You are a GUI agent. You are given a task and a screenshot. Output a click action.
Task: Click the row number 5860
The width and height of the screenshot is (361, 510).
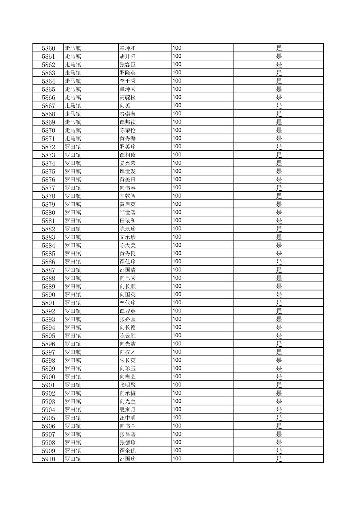pyautogui.click(x=48, y=48)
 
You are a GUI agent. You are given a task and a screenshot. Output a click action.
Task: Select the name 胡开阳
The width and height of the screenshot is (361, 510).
pyautogui.click(x=128, y=56)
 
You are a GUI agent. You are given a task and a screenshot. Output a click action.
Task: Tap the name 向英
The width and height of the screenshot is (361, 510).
pyautogui.click(x=125, y=106)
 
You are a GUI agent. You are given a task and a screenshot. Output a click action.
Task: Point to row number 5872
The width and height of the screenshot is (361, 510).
pyautogui.click(x=48, y=147)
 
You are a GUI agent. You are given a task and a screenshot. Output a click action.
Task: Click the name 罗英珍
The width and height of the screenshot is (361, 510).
pyautogui.click(x=128, y=147)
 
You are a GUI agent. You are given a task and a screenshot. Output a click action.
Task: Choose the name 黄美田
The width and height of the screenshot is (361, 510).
pyautogui.click(x=128, y=180)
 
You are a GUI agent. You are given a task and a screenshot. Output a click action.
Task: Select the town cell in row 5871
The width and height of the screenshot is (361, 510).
pyautogui.click(x=73, y=139)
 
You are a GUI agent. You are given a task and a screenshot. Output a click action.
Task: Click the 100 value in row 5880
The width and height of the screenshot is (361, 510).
pyautogui.click(x=177, y=212)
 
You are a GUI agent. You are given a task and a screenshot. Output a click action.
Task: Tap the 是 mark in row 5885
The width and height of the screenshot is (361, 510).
pyautogui.click(x=279, y=253)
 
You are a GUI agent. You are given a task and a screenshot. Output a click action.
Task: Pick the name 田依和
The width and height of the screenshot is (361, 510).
pyautogui.click(x=128, y=220)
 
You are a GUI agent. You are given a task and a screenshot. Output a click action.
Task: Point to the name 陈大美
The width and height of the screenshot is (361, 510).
pyautogui.click(x=128, y=245)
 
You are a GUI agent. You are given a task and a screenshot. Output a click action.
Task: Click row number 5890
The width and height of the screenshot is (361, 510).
pyautogui.click(x=48, y=295)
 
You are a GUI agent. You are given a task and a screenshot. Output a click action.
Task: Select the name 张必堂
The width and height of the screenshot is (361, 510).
pyautogui.click(x=128, y=319)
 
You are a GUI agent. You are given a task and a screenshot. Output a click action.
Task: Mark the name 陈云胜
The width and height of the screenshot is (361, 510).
pyautogui.click(x=128, y=336)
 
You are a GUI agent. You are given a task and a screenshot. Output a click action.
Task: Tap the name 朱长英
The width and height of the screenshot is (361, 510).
pyautogui.click(x=128, y=360)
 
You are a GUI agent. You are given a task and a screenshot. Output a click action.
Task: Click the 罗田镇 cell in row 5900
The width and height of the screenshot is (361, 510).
pyautogui.click(x=73, y=377)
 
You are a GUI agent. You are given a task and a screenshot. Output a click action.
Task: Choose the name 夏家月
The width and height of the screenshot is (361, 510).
pyautogui.click(x=128, y=410)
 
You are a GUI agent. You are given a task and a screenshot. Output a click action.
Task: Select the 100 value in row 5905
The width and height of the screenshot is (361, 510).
pyautogui.click(x=177, y=417)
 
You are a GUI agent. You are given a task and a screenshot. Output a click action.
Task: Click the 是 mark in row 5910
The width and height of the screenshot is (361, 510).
pyautogui.click(x=279, y=459)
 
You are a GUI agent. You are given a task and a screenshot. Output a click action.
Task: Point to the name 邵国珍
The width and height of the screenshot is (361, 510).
pyautogui.click(x=128, y=459)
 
